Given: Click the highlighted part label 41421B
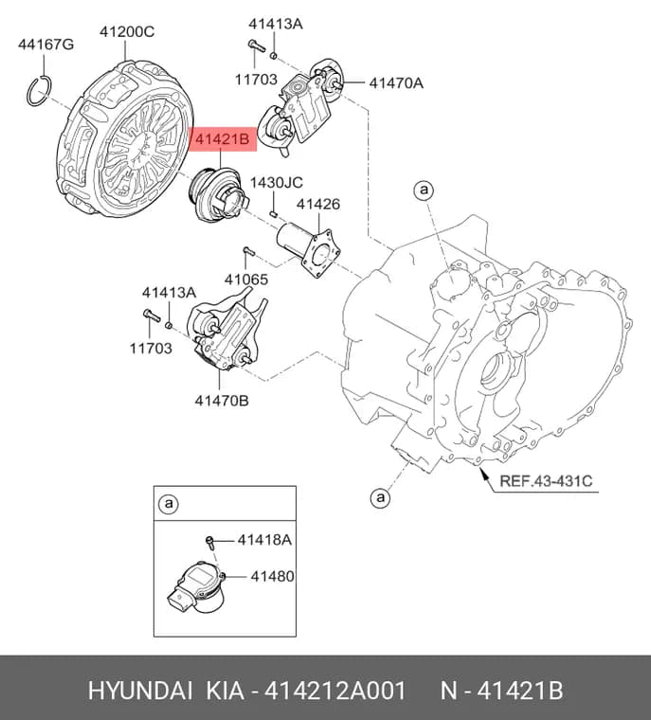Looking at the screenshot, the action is pyautogui.click(x=223, y=138).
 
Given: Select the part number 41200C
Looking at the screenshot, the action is pyautogui.click(x=127, y=31).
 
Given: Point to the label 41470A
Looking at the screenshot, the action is pyautogui.click(x=396, y=83).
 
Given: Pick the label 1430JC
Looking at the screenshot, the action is pyautogui.click(x=276, y=182).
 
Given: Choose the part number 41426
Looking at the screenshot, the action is pyautogui.click(x=318, y=204).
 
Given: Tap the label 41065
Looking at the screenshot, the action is pyautogui.click(x=246, y=279).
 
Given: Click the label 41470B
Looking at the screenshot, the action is pyautogui.click(x=222, y=401).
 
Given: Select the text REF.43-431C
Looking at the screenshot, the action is pyautogui.click(x=546, y=480).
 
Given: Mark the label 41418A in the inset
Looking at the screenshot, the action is pyautogui.click(x=264, y=540).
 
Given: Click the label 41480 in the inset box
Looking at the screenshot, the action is pyautogui.click(x=272, y=576).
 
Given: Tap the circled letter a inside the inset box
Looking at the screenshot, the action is pyautogui.click(x=169, y=504).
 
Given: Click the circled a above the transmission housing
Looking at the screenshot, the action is pyautogui.click(x=424, y=189).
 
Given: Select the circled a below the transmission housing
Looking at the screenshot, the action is pyautogui.click(x=380, y=497).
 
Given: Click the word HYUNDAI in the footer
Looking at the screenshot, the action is pyautogui.click(x=140, y=691).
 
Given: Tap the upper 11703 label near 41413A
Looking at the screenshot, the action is pyautogui.click(x=256, y=80).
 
